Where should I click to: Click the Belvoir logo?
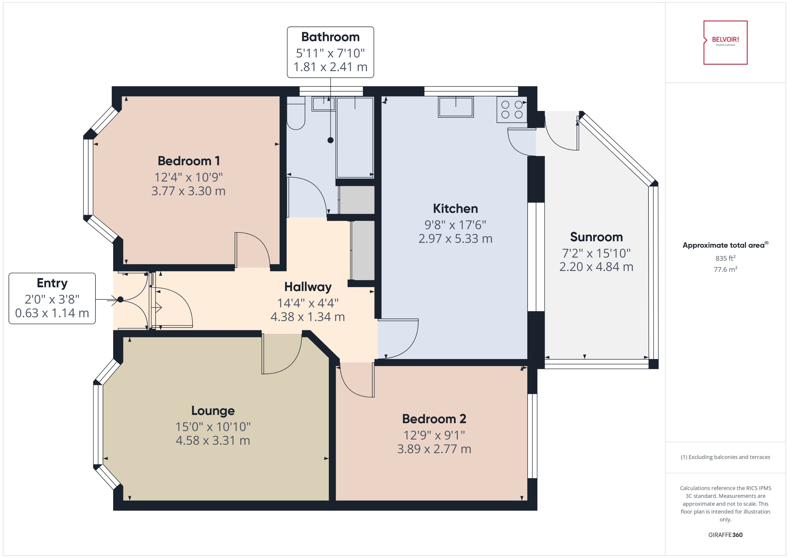(725, 42)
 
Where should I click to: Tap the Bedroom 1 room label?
(188, 161)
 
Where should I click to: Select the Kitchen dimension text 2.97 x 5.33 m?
(455, 238)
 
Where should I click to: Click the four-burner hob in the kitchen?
(512, 110)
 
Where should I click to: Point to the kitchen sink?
(456, 107)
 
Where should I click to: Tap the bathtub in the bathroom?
(355, 137)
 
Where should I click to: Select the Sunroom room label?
(596, 237)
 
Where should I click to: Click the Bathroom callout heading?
(330, 37)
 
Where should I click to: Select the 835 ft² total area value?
(725, 258)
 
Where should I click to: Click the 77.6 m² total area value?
(725, 269)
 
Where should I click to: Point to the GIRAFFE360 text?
(725, 535)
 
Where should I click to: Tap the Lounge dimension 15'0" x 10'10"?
(213, 427)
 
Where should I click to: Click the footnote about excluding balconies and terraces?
(725, 457)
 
